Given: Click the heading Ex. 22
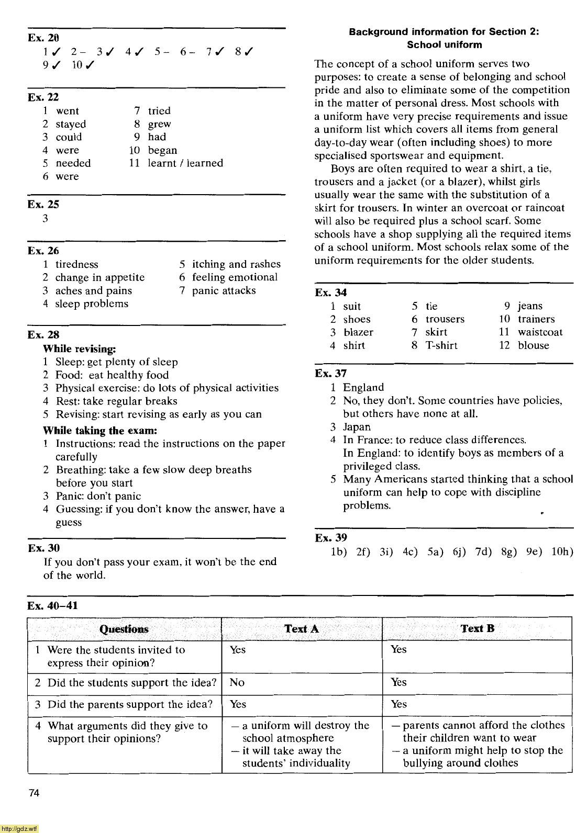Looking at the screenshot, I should [x=43, y=97].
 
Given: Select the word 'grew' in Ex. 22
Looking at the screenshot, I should [x=159, y=125].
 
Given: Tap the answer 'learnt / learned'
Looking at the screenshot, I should [x=185, y=163].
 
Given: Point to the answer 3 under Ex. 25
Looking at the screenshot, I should [x=46, y=219].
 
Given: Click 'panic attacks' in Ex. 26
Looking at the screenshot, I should [x=224, y=291].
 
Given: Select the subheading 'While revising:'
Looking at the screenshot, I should [x=79, y=348].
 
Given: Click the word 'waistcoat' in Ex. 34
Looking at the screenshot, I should [x=540, y=332].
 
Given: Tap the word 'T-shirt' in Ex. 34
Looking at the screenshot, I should [x=441, y=345].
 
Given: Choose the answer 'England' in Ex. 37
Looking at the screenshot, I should [x=363, y=388].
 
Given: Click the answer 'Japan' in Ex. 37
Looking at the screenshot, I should [x=357, y=427].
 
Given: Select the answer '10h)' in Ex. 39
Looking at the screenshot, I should [x=562, y=551].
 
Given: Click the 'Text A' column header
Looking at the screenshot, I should [x=301, y=629].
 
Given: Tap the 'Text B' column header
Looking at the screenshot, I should [x=477, y=628].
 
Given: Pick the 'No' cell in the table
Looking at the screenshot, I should [x=237, y=683].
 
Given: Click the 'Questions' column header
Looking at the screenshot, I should [x=124, y=629].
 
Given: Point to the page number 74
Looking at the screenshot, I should [x=34, y=793].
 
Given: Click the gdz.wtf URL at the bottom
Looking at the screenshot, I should [x=19, y=828].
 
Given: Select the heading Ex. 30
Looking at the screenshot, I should [x=44, y=548].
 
